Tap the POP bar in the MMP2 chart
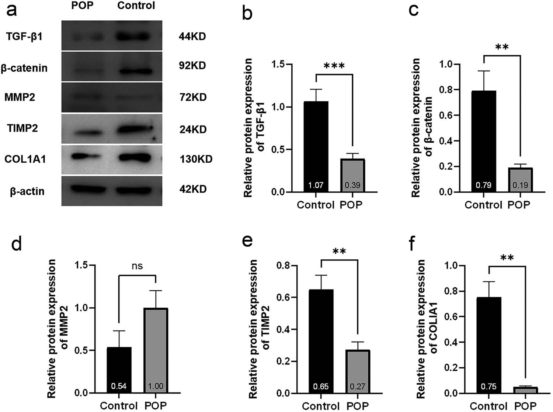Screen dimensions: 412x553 click(156, 350)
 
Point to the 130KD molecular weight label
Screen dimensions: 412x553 click(196, 159)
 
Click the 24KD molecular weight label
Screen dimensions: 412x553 click(193, 129)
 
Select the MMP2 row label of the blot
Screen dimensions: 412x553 click(20, 97)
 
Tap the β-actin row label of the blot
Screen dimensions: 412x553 click(27, 191)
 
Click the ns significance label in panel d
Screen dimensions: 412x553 click(137, 266)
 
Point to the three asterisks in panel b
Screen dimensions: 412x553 click(334, 66)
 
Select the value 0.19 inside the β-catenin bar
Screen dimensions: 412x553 click(520, 185)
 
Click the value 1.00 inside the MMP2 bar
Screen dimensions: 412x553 click(156, 386)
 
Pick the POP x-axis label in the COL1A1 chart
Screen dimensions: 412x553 click(525, 406)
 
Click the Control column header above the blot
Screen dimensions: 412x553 click(136, 6)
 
